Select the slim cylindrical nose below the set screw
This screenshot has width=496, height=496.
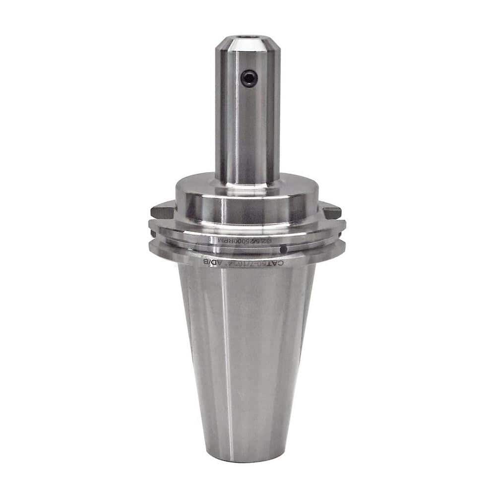(x=248, y=134)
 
